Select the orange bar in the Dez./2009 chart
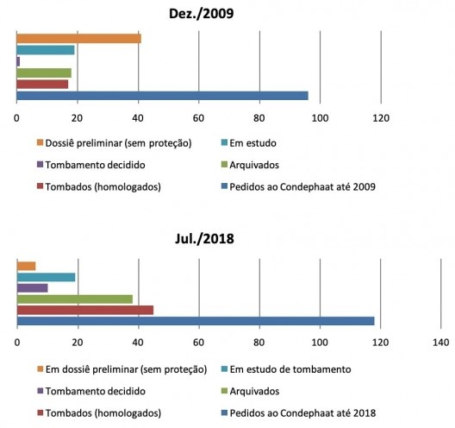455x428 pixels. pos(78,39)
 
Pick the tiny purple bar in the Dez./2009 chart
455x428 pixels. pos(18,61)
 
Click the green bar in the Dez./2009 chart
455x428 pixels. pos(44,72)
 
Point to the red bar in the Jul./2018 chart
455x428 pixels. pos(85,310)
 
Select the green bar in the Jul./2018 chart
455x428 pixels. pos(75,299)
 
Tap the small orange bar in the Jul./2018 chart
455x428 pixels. pos(26,266)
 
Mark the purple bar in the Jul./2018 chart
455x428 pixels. pos(33,287)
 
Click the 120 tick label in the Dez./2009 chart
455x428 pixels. pos(380,117)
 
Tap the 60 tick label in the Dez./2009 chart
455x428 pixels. pos(198,117)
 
